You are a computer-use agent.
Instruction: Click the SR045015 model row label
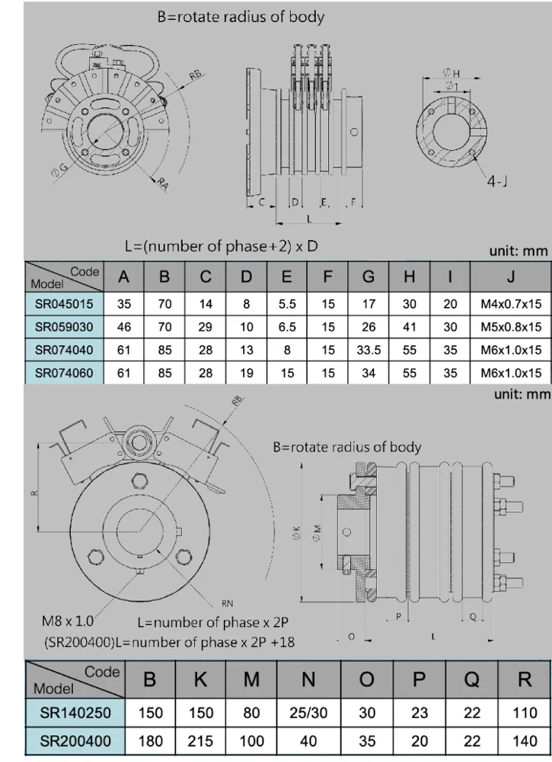click(65, 304)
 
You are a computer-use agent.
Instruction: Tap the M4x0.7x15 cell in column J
click(511, 304)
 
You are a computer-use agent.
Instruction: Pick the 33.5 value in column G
click(369, 350)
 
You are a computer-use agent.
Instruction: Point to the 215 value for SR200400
click(200, 741)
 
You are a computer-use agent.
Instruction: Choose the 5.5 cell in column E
click(286, 304)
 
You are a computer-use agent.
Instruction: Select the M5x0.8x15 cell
click(511, 327)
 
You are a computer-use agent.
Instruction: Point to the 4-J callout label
click(499, 183)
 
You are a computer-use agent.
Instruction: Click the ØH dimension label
click(451, 73)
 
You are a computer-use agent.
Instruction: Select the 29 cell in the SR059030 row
click(206, 327)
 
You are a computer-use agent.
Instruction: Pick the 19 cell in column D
click(246, 373)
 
